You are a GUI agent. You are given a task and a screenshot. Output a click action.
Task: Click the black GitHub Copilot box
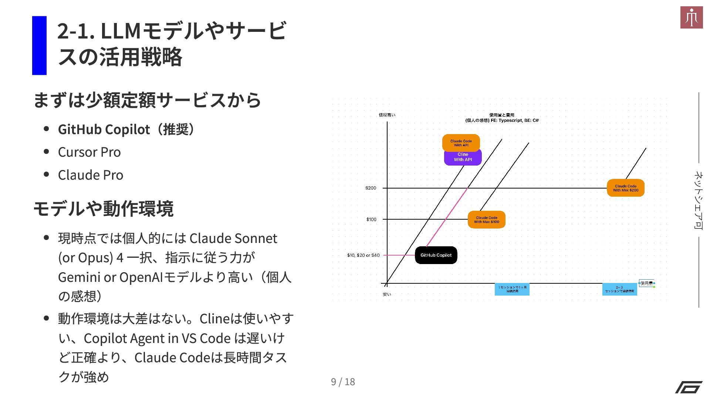tap(436, 255)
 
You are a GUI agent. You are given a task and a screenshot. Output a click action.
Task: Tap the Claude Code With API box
tap(461, 142)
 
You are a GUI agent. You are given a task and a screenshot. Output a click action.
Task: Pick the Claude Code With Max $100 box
tap(486, 220)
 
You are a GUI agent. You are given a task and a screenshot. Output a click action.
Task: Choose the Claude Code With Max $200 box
tap(625, 188)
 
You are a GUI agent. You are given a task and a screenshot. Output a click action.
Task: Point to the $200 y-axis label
tap(371, 188)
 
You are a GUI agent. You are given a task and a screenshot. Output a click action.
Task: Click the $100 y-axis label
tap(371, 220)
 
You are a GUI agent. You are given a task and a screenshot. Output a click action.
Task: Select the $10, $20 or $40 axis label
tap(363, 255)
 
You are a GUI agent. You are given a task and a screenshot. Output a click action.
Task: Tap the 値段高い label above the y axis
tap(387, 115)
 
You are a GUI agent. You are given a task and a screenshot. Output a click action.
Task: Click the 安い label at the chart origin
tap(387, 294)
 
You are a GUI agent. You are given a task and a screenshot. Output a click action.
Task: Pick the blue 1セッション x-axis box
tap(512, 289)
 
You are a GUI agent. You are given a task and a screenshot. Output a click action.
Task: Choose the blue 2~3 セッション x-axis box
tap(619, 289)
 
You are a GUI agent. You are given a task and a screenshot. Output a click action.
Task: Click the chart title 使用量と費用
tap(502, 115)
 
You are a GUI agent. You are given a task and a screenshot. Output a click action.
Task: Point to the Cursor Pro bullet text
tap(89, 152)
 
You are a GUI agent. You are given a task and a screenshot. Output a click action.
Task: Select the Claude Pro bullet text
tap(91, 175)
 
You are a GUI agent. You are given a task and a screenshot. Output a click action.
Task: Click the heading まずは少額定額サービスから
tap(147, 100)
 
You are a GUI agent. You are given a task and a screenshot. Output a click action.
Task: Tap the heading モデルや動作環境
tap(103, 209)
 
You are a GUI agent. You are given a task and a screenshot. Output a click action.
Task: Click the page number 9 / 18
tap(343, 382)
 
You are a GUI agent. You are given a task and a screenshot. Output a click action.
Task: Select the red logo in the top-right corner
tap(691, 17)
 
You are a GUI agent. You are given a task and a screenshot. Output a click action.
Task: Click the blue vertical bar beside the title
tap(39, 46)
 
